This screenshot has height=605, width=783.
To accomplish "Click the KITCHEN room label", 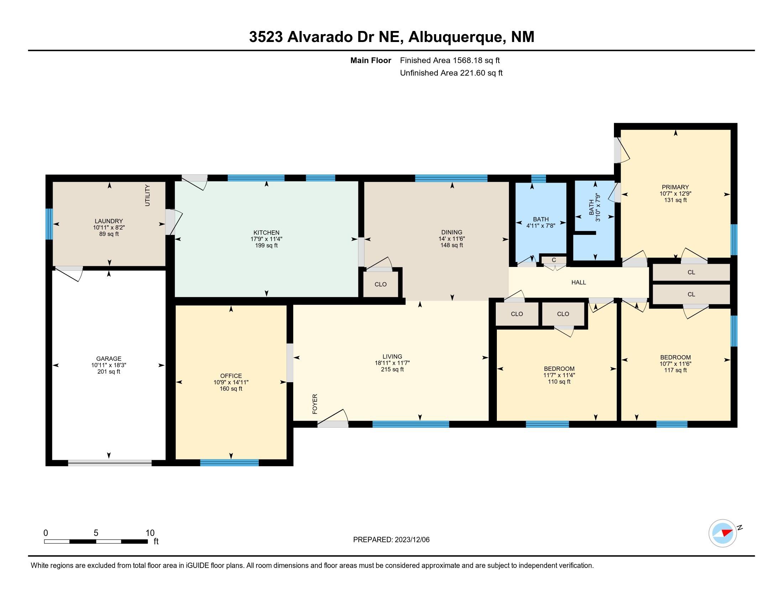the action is (x=266, y=233).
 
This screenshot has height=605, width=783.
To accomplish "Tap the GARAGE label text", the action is (x=109, y=359).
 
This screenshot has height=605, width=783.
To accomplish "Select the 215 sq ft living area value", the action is (x=392, y=369).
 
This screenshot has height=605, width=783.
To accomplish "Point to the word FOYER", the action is (x=315, y=404).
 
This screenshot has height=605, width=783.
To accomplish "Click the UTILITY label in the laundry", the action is (x=147, y=195).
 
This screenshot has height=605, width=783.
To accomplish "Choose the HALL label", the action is (x=579, y=283).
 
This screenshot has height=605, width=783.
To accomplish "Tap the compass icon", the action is (x=723, y=533).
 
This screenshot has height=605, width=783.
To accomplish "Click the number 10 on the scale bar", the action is (x=150, y=533).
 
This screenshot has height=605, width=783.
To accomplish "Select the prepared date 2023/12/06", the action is (x=412, y=540).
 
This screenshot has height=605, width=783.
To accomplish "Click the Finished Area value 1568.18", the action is (x=466, y=60).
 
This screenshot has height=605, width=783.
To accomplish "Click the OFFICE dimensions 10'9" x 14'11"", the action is (x=231, y=383).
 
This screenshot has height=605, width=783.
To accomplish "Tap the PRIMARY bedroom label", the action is (x=676, y=187).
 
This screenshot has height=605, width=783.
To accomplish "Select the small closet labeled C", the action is (x=554, y=260).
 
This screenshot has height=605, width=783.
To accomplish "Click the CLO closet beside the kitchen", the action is (x=380, y=284).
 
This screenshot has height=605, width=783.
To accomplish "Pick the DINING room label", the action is (x=452, y=232).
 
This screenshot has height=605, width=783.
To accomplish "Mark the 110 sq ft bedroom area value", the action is (x=559, y=382).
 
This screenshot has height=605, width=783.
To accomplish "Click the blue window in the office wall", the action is (x=230, y=463).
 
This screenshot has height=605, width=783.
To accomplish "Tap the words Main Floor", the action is (x=371, y=60).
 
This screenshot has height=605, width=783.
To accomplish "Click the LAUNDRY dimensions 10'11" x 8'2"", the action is (x=109, y=228).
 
